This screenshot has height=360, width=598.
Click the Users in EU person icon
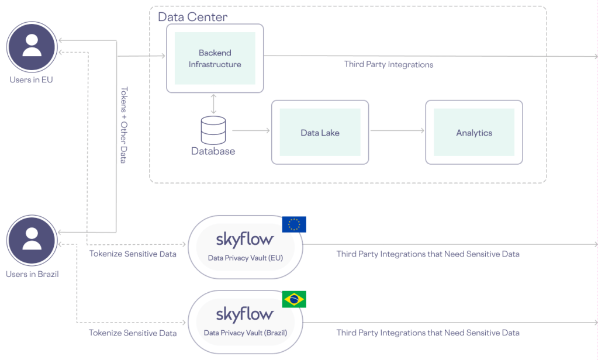32,46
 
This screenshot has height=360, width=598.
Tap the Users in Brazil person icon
32,241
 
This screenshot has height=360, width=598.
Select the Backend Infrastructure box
215,58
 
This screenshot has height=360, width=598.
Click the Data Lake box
320,133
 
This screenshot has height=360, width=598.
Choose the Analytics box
473,133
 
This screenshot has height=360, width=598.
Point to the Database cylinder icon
213,130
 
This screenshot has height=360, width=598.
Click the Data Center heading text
193,16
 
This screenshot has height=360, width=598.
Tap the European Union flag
294,224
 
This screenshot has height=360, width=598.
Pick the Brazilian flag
294,299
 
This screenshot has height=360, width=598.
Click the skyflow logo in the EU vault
244,240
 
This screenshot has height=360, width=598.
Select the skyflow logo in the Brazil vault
244,314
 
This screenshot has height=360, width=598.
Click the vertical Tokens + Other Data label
123,125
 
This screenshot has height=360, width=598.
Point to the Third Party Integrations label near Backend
389,64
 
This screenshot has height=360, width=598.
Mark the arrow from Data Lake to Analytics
397,131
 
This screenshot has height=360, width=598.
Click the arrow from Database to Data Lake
251,131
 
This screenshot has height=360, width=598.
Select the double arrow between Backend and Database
213,103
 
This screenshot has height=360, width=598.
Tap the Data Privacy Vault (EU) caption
245,257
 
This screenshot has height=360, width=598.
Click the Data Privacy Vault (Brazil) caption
245,333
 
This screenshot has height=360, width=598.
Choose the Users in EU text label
31,79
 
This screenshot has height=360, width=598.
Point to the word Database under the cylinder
213,151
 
